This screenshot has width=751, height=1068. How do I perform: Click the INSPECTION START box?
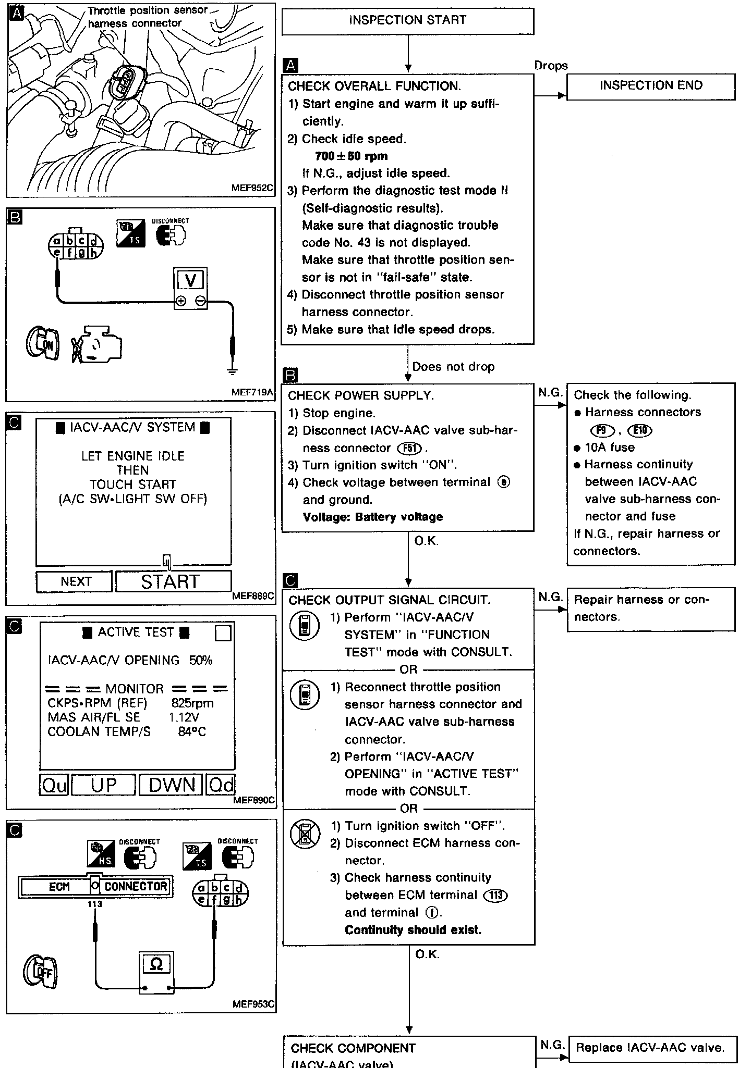407,21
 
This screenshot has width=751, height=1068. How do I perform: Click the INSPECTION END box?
651,86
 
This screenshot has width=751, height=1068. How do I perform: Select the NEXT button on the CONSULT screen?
75,581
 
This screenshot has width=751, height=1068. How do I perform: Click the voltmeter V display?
190,281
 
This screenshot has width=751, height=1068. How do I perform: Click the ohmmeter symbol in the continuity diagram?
156,964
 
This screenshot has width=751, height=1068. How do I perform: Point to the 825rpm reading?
192,703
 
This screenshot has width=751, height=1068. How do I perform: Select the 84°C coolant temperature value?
191,732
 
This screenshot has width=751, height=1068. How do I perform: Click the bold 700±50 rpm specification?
351,156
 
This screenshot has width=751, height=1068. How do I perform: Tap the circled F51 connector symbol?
410,448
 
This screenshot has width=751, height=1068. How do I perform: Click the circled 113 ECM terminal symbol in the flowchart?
495,895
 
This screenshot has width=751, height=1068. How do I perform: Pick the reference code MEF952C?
252,189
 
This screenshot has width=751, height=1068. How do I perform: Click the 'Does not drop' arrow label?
453,367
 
